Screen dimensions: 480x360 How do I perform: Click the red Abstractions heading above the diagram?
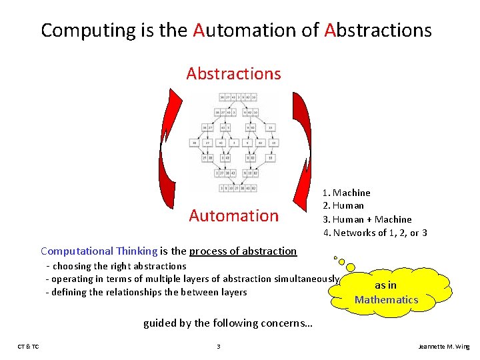[233, 73]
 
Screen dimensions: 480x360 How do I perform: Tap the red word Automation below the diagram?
[233, 215]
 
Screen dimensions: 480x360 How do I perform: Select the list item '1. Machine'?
[347, 193]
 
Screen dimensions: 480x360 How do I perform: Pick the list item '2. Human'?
[343, 205]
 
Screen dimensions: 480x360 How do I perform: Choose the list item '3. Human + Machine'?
[367, 219]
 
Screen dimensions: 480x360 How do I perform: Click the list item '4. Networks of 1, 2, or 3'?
[375, 233]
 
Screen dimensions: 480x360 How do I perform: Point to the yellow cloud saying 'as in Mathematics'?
[386, 292]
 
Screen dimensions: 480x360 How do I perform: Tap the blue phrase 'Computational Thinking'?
[99, 251]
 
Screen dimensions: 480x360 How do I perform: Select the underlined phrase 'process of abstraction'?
[243, 251]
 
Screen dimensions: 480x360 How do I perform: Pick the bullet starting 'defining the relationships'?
[146, 292]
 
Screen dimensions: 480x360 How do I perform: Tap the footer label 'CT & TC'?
[28, 347]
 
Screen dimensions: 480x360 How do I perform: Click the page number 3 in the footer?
[219, 347]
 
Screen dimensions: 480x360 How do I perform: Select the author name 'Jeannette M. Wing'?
[443, 347]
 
